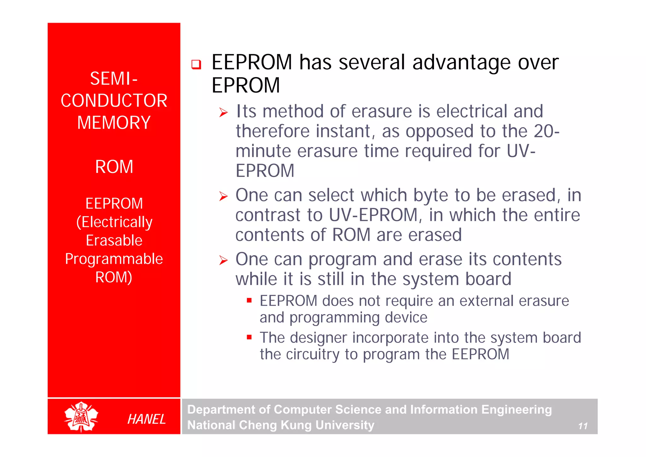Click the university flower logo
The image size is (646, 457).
click(81, 417)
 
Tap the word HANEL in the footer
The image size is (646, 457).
click(146, 419)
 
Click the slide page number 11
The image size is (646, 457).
click(583, 426)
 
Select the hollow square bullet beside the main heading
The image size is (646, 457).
click(196, 64)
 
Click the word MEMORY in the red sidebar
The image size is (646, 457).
click(114, 122)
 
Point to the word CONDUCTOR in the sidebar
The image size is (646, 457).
click(114, 101)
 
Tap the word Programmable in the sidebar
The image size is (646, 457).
click(114, 259)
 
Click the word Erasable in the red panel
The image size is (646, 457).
click(114, 240)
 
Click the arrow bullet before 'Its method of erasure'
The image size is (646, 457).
click(223, 112)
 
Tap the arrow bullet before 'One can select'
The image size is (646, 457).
click(223, 196)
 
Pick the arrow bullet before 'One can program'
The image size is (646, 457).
click(223, 260)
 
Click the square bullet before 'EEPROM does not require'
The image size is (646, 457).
click(249, 300)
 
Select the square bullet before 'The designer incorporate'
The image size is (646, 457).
click(249, 337)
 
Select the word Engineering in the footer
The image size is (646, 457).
click(516, 409)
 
